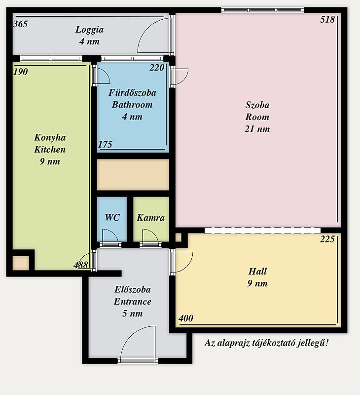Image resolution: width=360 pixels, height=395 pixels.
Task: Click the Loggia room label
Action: coord(89,30)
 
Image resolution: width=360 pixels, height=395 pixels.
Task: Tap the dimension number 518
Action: coord(327,20)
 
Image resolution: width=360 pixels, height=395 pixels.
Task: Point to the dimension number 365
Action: coord(20,24)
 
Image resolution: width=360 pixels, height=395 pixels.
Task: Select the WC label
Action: coord(112,217)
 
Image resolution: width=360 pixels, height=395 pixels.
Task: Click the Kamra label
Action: coord(151,218)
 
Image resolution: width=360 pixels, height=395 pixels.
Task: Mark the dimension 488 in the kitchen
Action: coord(81,265)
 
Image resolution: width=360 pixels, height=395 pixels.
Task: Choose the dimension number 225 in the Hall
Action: coord(327,239)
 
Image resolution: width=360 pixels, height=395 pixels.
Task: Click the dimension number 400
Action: coord(186,318)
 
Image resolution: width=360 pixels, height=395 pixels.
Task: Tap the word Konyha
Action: coord(50,138)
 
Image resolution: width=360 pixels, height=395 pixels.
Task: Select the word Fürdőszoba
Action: coord(132,93)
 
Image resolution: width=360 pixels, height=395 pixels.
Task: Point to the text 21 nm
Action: coord(257,129)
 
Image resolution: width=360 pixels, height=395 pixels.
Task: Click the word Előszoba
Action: coord(133,289)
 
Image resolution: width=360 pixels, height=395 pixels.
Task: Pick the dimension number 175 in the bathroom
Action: coord(105,145)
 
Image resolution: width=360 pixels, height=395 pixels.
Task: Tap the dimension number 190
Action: coord(20,72)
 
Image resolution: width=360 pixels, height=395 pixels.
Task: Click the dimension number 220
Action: coord(157,68)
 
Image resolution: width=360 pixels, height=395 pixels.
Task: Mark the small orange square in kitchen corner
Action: coord(21,263)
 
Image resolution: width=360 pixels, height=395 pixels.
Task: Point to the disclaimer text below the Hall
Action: coord(266,343)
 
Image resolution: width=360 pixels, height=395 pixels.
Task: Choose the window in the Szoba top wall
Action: coord(262,10)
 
